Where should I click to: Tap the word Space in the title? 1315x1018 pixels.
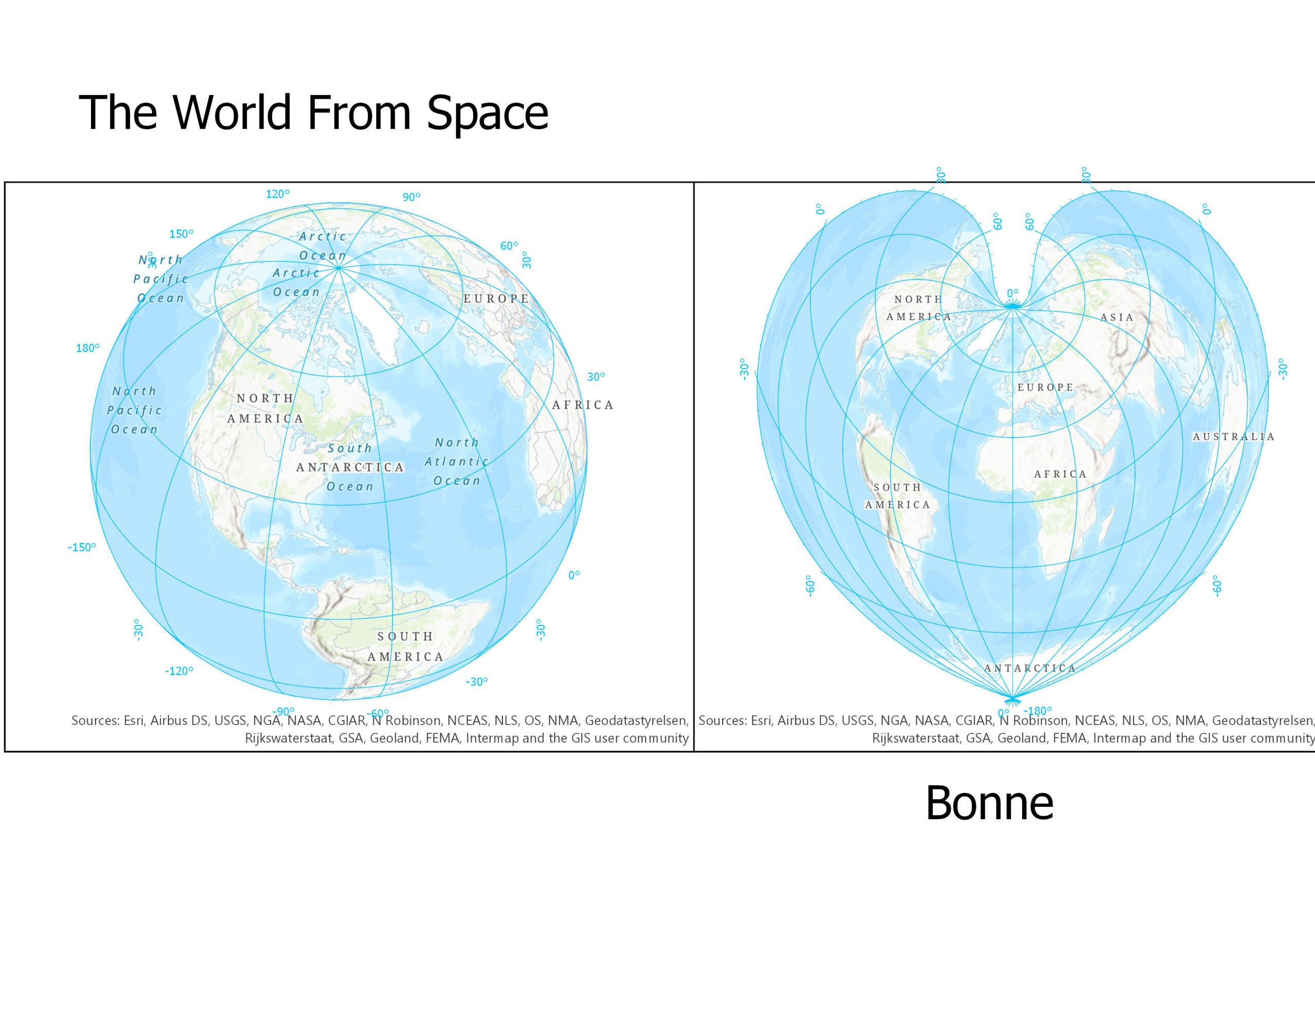coord(487,113)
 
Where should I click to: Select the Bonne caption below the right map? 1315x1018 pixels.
coord(989,804)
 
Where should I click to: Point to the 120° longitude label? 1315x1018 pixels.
coord(277,194)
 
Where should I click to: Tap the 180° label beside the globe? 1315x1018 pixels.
coord(87,348)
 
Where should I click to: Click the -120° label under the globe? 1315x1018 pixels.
coord(179,671)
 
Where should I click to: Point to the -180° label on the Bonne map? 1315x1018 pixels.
coord(1038,711)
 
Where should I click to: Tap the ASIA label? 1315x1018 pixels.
coord(1117,318)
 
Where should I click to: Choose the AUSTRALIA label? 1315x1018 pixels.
coord(1233,437)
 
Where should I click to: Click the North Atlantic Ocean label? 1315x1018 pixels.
coord(456,461)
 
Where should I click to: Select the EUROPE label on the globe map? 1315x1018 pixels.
coord(496,299)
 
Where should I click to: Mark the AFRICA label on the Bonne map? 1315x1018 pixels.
coord(1060,475)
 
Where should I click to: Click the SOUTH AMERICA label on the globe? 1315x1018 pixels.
coord(405,646)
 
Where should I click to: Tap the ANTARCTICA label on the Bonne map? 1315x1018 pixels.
coord(1029,669)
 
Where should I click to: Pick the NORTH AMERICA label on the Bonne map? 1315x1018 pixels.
coord(918,308)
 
